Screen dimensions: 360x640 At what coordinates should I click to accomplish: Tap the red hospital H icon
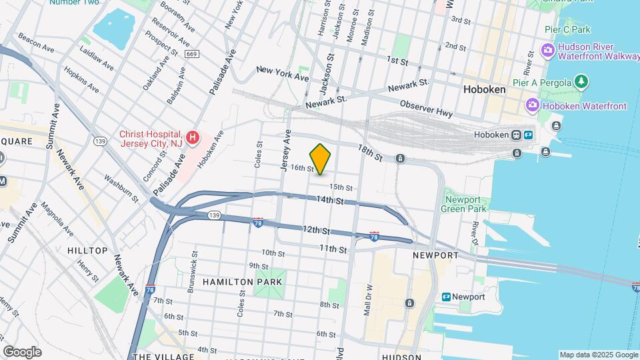[x=193, y=138]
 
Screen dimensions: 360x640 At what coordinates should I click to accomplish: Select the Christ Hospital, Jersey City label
[x=151, y=138]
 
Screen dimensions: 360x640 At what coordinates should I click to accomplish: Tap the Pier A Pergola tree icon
[x=583, y=81]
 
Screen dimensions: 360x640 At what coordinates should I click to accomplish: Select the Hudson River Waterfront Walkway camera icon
[x=548, y=51]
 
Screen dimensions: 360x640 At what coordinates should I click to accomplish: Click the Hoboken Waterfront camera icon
[x=533, y=105]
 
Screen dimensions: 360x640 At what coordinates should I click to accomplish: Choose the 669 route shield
[x=191, y=53]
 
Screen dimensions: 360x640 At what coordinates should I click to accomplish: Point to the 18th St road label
[x=369, y=152]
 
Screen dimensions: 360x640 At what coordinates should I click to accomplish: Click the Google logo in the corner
[x=22, y=352]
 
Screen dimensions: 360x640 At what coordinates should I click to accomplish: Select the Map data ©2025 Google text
[x=598, y=355]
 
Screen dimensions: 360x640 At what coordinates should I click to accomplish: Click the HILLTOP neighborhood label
[x=87, y=251]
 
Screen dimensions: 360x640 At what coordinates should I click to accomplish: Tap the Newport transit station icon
[x=446, y=297]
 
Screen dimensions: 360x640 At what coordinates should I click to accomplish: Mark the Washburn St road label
[x=121, y=187]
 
